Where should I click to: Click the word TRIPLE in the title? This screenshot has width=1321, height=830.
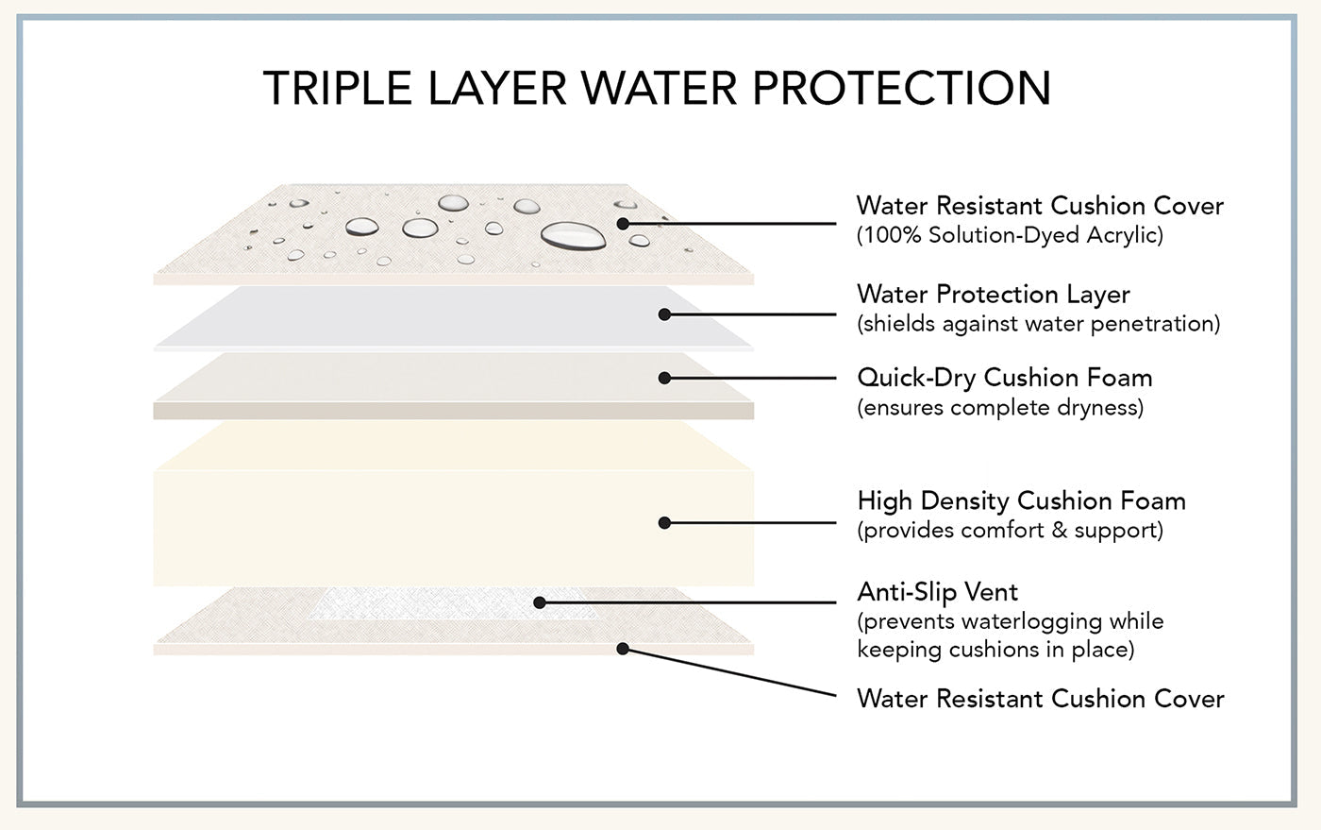click(x=338, y=88)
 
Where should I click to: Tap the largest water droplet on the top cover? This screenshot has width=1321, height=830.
click(x=573, y=235)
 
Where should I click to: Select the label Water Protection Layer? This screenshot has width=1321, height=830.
click(x=993, y=295)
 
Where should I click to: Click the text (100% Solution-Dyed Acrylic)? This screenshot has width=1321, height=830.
click(x=1010, y=235)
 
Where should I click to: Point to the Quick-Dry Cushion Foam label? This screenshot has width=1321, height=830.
click(x=1004, y=378)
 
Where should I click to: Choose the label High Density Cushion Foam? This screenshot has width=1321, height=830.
click(x=1021, y=500)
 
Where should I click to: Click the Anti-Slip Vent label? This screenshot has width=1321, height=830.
click(x=937, y=592)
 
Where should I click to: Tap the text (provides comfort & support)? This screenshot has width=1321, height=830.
click(x=1010, y=531)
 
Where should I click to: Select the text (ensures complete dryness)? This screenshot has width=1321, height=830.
click(x=999, y=408)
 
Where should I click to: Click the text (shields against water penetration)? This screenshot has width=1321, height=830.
click(x=1038, y=324)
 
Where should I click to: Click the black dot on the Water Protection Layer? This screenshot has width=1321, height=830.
click(x=664, y=314)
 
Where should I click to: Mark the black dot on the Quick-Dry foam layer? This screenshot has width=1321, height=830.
click(x=664, y=378)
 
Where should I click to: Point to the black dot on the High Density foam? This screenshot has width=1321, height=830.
click(x=664, y=522)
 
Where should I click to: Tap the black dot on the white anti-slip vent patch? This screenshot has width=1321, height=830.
click(x=539, y=601)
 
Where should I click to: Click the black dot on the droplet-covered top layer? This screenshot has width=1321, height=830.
click(x=623, y=224)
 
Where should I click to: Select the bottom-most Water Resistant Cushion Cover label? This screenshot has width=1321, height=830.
click(x=1040, y=699)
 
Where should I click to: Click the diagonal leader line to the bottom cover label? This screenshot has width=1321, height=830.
click(x=731, y=672)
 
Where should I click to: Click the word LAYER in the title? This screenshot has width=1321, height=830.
click(x=496, y=88)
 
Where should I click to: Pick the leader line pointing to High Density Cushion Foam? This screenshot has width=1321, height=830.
click(x=750, y=522)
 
